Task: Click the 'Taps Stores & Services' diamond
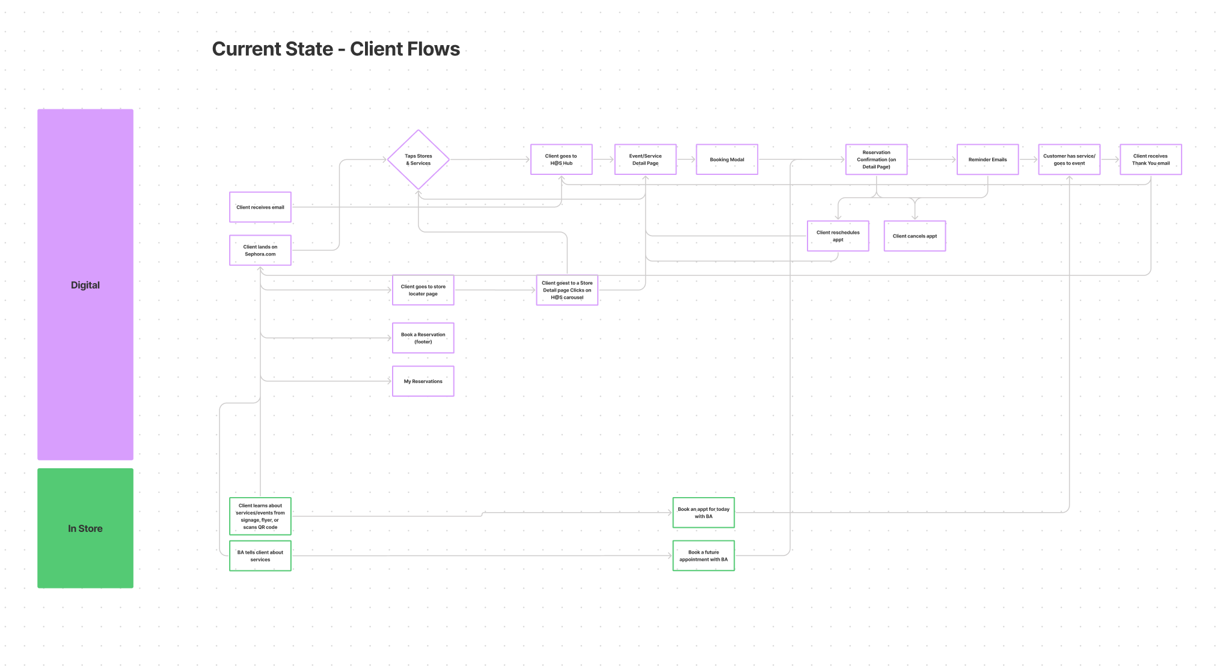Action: point(418,159)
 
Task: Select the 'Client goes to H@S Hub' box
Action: point(561,159)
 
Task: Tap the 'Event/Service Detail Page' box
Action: point(645,159)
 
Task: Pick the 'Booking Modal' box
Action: point(727,159)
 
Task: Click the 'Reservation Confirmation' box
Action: point(876,159)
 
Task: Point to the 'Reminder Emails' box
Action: point(987,159)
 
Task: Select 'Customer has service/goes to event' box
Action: point(1069,159)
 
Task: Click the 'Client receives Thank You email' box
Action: point(1151,159)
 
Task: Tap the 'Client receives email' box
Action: point(260,207)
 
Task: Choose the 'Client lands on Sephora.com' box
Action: point(260,250)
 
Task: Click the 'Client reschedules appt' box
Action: point(838,236)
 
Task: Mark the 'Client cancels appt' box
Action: point(915,236)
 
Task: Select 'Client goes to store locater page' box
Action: point(423,290)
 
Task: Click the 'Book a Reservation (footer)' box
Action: point(423,338)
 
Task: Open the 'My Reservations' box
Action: point(423,381)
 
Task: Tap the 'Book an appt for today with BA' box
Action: point(704,513)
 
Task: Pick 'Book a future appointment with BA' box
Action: point(704,555)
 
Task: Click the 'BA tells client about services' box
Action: point(260,555)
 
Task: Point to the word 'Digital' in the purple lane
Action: point(85,285)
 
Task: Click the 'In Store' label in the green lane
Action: point(85,528)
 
